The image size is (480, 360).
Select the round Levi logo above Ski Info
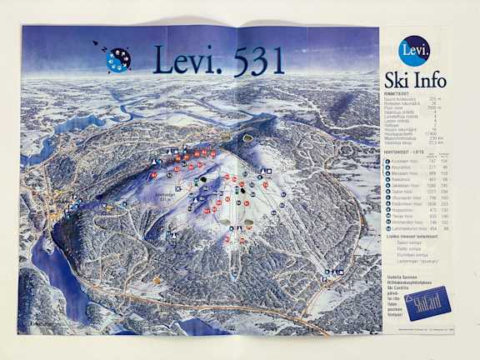pyautogui.click(x=414, y=51)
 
